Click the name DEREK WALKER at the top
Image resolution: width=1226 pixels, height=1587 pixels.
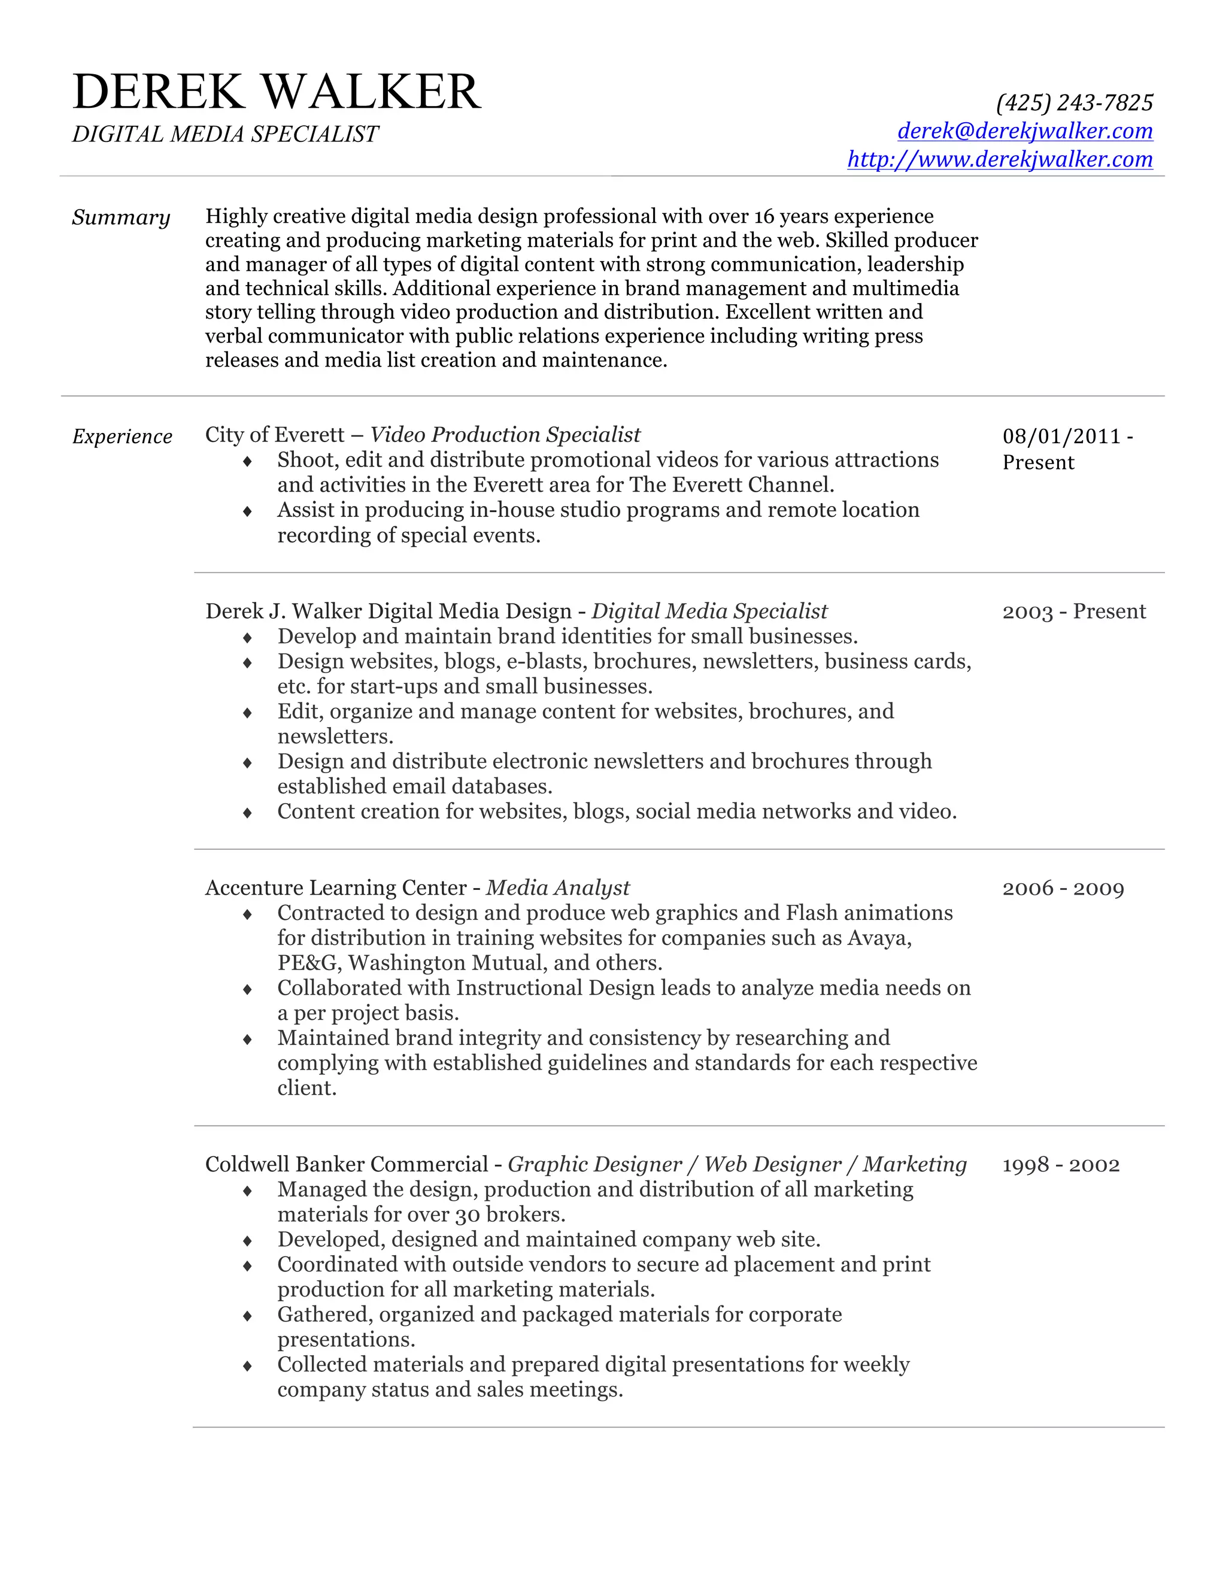click(x=276, y=92)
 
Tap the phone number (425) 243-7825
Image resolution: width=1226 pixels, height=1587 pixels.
click(x=1073, y=102)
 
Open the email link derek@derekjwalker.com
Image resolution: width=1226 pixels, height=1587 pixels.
click(x=1024, y=131)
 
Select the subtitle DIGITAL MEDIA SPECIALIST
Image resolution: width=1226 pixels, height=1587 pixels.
click(x=225, y=134)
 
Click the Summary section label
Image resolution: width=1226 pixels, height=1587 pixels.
click(x=120, y=217)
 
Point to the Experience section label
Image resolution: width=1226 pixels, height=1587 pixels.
click(x=122, y=437)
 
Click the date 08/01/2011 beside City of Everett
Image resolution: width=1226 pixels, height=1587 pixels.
click(x=1061, y=436)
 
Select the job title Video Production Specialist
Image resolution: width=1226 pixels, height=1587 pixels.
click(x=505, y=435)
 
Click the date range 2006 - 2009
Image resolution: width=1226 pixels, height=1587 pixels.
click(x=1063, y=889)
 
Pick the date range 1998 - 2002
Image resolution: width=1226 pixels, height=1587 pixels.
click(x=1060, y=1165)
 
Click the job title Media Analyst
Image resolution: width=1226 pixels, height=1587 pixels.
click(x=557, y=888)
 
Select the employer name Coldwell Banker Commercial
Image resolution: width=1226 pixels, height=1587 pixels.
click(x=347, y=1165)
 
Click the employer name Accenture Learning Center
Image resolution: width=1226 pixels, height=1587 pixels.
click(x=336, y=888)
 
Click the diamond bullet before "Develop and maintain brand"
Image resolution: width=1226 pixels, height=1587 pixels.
click(x=248, y=637)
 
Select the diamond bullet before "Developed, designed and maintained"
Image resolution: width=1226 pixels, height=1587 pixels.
click(x=248, y=1240)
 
